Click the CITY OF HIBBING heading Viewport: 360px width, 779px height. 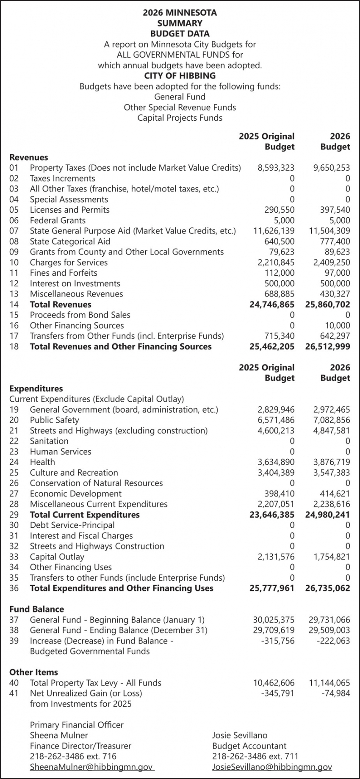[180, 76]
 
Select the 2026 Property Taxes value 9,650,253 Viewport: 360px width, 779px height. [332, 168]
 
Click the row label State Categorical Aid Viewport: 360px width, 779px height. [70, 241]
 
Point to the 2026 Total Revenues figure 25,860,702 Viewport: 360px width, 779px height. [327, 305]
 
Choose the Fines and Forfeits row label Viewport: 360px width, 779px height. [64, 273]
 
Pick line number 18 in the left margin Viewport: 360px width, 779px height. [14, 347]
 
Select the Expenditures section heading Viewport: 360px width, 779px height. [36, 388]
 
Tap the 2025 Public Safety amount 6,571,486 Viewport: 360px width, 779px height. [276, 420]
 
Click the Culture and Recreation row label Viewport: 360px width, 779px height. [74, 472]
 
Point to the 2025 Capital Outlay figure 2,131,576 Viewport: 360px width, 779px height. [276, 557]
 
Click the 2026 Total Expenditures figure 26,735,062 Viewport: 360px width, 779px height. [327, 588]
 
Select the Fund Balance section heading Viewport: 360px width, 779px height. [37, 609]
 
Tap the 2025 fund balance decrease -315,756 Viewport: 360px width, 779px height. [278, 640]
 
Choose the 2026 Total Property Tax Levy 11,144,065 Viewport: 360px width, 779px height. [330, 683]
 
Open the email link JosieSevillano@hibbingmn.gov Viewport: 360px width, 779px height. [272, 767]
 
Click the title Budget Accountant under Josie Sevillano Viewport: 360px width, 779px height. [249, 746]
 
